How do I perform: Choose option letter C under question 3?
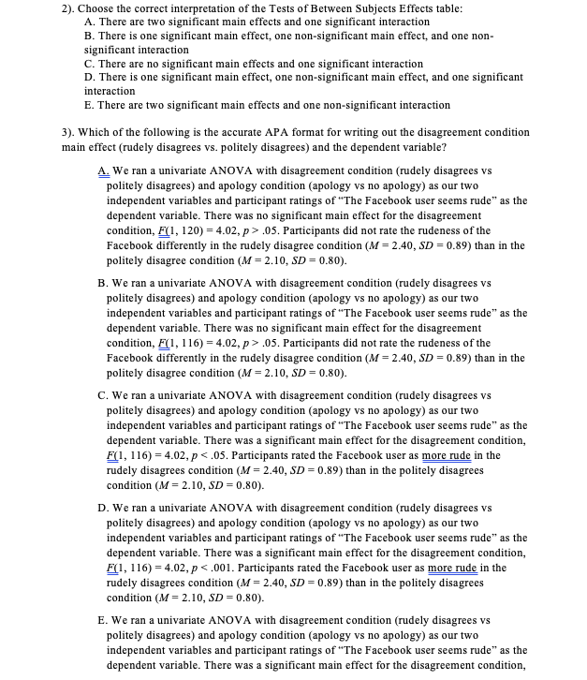pyautogui.click(x=102, y=396)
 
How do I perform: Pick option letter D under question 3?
pyautogui.click(x=102, y=509)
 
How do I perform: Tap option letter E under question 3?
pyautogui.click(x=102, y=621)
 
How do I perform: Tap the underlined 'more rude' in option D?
pyautogui.click(x=453, y=568)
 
